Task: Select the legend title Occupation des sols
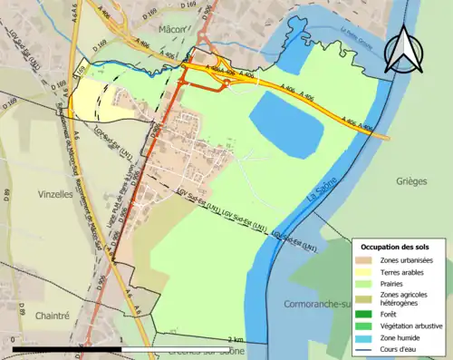tap(395, 247)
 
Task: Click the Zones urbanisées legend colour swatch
tap(364, 260)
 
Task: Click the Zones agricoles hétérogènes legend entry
tap(404, 297)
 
